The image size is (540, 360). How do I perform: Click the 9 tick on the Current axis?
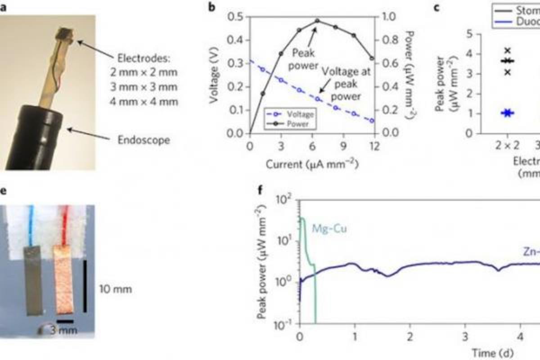tap(343, 146)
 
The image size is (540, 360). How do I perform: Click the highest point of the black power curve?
tap(317, 21)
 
